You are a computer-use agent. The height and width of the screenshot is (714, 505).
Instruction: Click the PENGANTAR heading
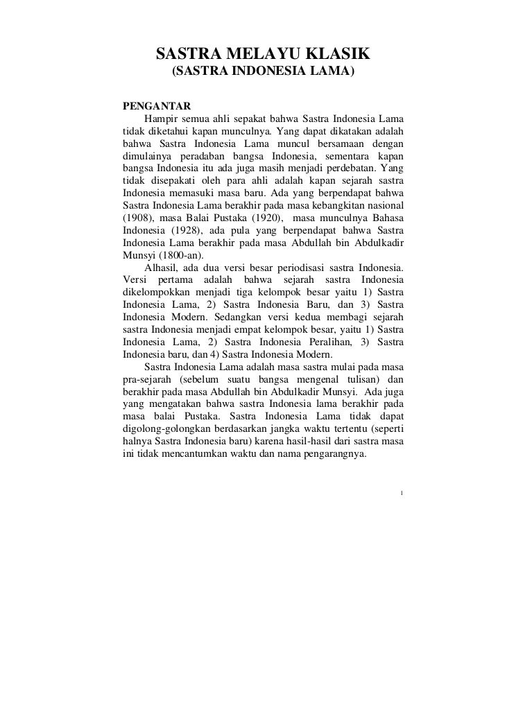152,106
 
